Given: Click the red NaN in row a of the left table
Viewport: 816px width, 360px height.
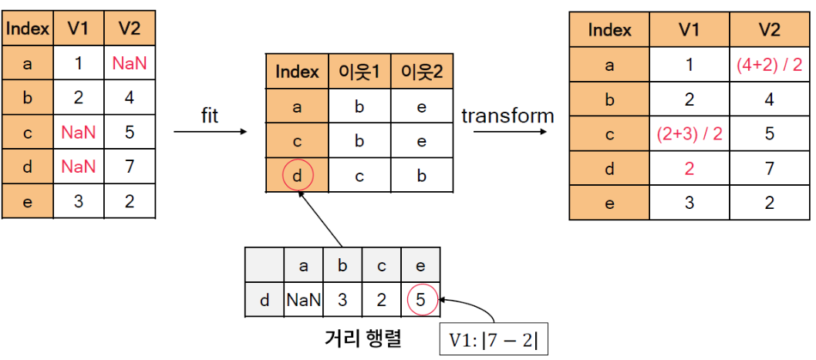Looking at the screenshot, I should pyautogui.click(x=129, y=64).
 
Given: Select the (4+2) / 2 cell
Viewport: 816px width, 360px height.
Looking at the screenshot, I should pyautogui.click(x=769, y=65).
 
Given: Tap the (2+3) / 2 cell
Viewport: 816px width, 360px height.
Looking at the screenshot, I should pyautogui.click(x=689, y=133).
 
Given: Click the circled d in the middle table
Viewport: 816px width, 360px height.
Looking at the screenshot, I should pyautogui.click(x=297, y=177).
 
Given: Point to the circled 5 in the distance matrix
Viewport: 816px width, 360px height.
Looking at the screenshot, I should pyautogui.click(x=420, y=301).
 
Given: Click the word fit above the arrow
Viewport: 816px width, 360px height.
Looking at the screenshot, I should pyautogui.click(x=209, y=116).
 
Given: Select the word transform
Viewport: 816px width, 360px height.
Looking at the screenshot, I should pyautogui.click(x=507, y=116).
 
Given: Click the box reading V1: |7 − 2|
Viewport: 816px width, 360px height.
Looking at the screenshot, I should pyautogui.click(x=494, y=339).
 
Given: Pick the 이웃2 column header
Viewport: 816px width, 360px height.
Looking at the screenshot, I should pyautogui.click(x=421, y=72).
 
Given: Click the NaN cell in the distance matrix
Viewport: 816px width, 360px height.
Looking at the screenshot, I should pyautogui.click(x=304, y=301).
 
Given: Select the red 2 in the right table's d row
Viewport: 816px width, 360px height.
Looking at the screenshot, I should pyautogui.click(x=689, y=168).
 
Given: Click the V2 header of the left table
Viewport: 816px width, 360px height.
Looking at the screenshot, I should pyautogui.click(x=129, y=29).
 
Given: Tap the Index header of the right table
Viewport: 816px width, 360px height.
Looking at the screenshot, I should pyautogui.click(x=609, y=30).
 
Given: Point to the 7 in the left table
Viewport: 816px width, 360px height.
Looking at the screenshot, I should pyautogui.click(x=129, y=167).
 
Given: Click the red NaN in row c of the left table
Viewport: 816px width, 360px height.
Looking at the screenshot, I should pyautogui.click(x=79, y=133).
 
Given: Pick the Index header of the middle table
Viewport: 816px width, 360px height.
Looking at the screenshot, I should pyautogui.click(x=297, y=72).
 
